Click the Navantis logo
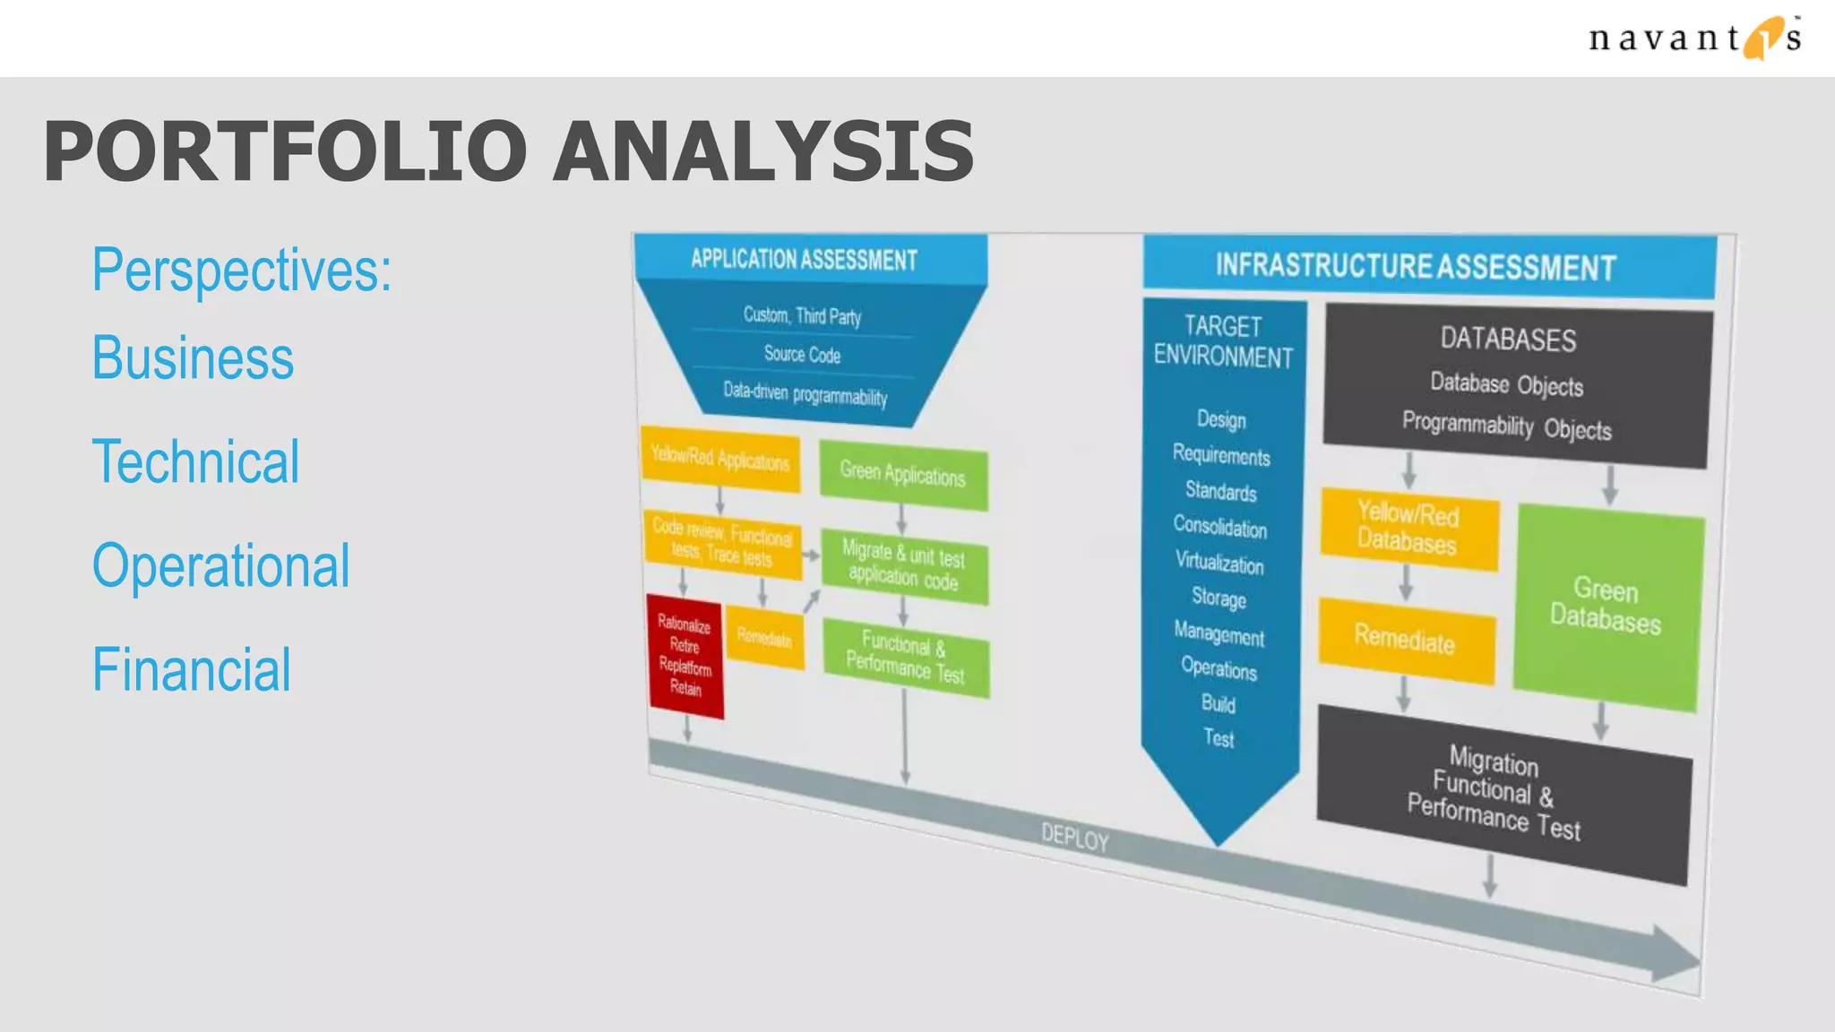click(1693, 39)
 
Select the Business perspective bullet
click(193, 358)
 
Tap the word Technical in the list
click(195, 462)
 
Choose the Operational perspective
click(220, 566)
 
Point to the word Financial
click(191, 670)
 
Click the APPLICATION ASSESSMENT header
click(805, 260)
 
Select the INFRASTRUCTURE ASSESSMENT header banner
click(1416, 266)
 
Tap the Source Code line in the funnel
click(802, 355)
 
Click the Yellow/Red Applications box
click(720, 460)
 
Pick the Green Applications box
click(902, 474)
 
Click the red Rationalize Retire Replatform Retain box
click(685, 655)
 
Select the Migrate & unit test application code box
click(904, 566)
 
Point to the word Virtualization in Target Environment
click(1219, 563)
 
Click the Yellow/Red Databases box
click(1409, 528)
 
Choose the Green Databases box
click(1607, 606)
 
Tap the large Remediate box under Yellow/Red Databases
click(1405, 639)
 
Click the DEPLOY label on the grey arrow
click(1075, 838)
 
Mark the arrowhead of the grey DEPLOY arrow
click(1674, 955)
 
